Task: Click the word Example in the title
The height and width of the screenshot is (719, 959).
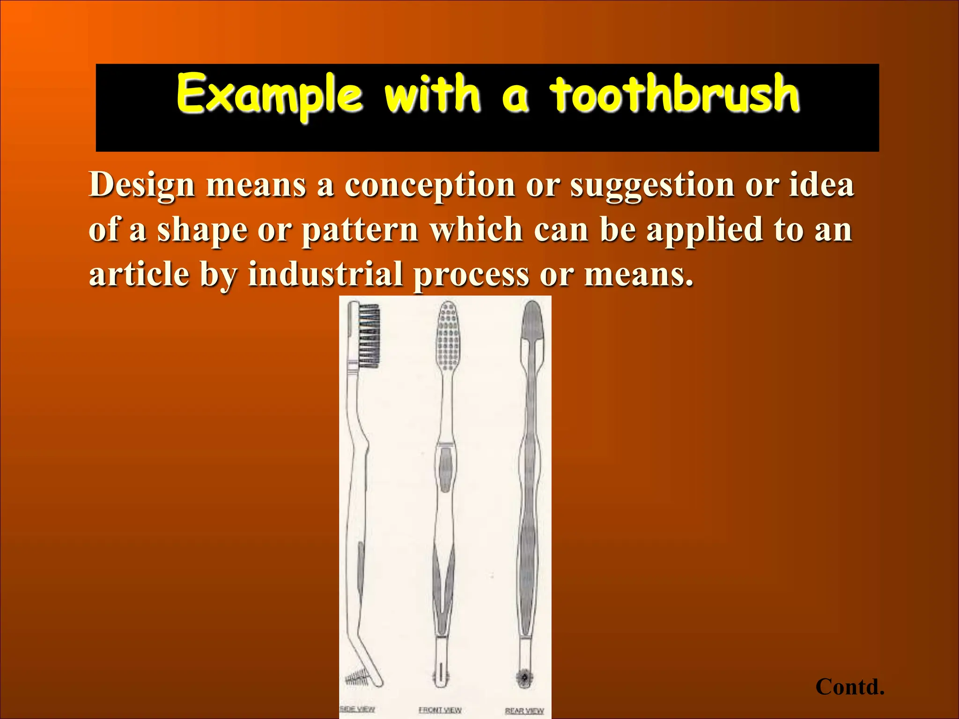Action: click(269, 95)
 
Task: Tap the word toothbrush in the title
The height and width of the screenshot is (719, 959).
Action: click(674, 95)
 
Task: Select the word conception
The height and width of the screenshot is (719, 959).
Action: click(430, 185)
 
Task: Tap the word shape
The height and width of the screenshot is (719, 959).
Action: click(202, 231)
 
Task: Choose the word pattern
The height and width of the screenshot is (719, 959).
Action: click(360, 231)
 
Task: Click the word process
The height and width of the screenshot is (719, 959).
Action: click(471, 276)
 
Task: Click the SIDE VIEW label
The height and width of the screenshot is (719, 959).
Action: click(357, 709)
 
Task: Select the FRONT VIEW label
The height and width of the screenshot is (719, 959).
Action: click(440, 710)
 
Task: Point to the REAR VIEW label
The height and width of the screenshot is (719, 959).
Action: click(524, 711)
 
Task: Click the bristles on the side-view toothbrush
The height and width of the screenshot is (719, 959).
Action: click(369, 335)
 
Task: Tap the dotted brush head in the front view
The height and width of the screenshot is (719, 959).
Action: click(448, 336)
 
